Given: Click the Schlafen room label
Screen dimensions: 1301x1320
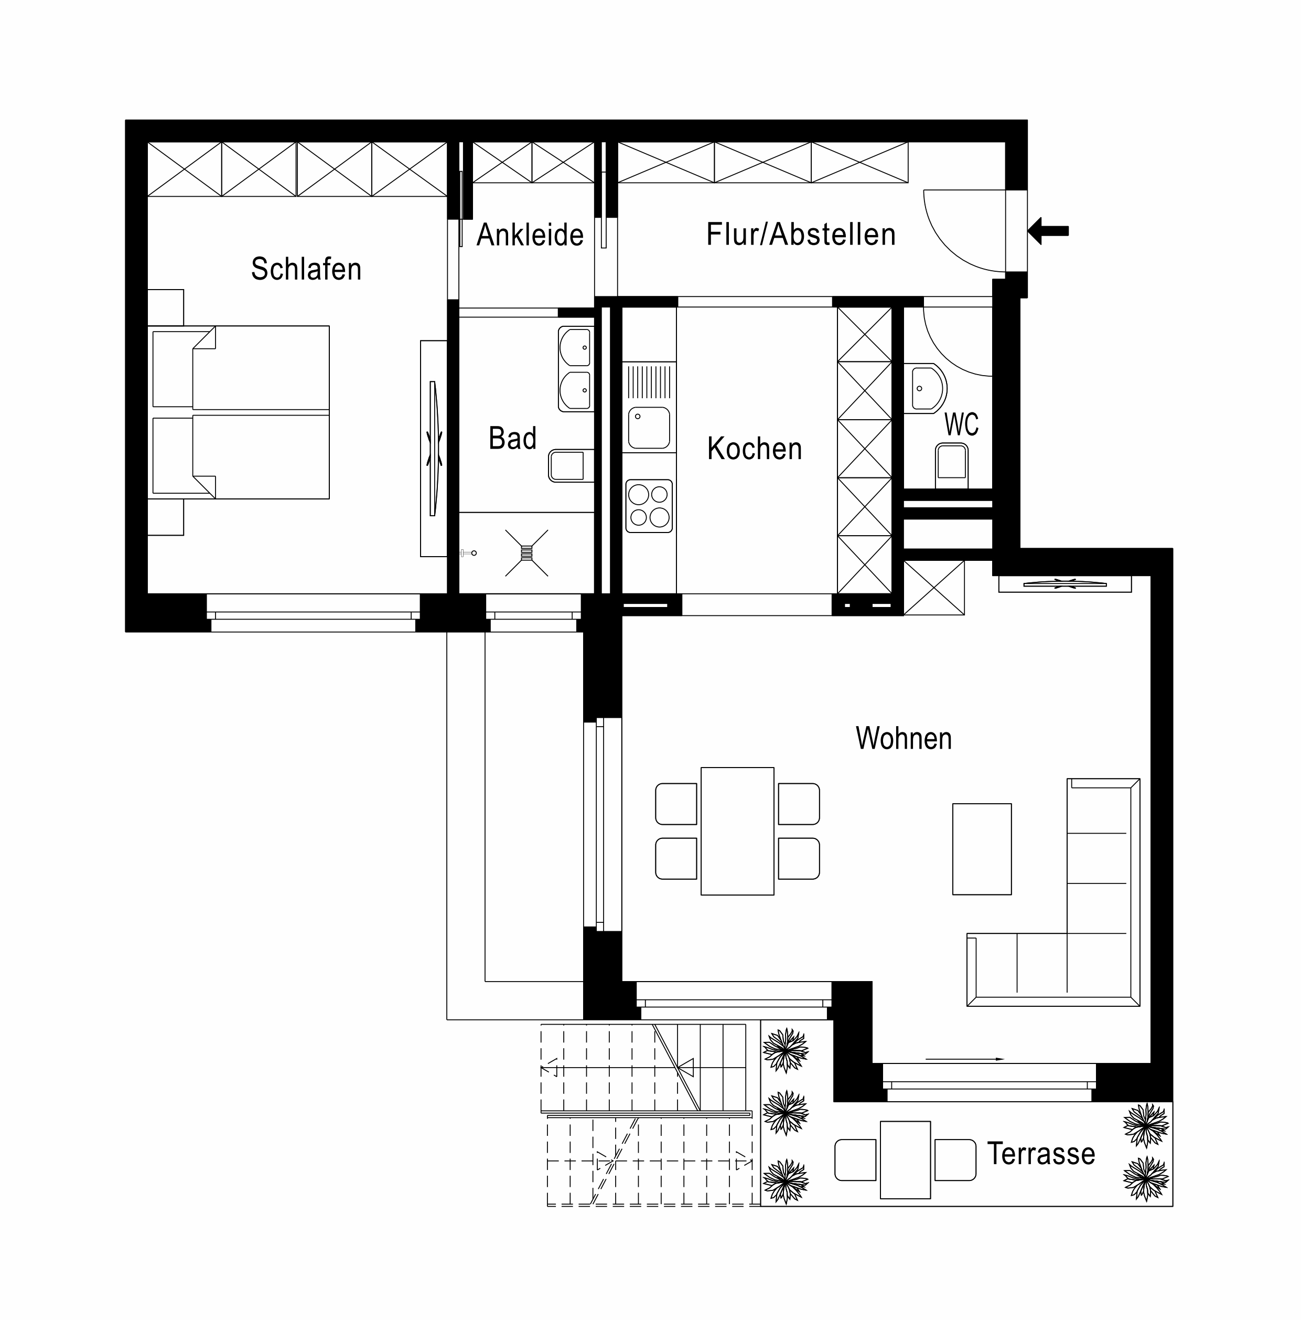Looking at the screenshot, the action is click(305, 269).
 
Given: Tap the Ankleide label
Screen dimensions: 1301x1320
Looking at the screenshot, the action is click(530, 235).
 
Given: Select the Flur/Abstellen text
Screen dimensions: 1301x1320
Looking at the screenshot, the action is click(800, 235).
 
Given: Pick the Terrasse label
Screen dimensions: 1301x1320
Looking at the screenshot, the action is click(1041, 1153).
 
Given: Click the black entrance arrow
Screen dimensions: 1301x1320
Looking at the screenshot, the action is click(1048, 231).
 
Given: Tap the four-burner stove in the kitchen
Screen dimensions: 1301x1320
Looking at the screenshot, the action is click(649, 506).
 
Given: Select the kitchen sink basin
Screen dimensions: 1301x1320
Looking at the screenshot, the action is click(649, 428).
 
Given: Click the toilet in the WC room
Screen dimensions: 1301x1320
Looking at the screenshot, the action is click(951, 465).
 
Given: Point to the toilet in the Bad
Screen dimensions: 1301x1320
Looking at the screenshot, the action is click(570, 466).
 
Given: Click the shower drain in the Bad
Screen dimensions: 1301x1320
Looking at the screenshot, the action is click(526, 552).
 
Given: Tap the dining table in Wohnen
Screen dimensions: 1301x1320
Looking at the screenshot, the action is click(737, 831).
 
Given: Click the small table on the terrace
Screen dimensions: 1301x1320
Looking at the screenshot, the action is click(905, 1159).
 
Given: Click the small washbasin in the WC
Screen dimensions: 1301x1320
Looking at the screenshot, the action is click(928, 389).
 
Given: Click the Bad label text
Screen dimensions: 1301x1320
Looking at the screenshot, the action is click(512, 438).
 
